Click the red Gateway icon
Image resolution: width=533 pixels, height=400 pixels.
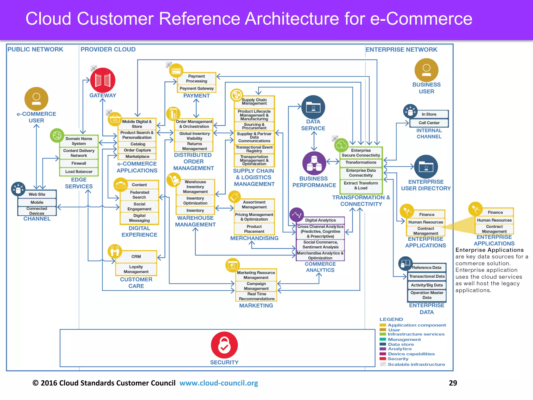point(103,80)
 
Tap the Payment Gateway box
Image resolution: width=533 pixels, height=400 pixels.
point(196,89)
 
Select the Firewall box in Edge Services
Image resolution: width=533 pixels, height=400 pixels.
point(79,163)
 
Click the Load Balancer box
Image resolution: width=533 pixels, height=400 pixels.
point(79,172)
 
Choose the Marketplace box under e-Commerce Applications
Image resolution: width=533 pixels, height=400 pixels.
point(137,157)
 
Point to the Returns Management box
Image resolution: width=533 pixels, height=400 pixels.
point(194,146)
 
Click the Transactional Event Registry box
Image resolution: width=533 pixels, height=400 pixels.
point(254,149)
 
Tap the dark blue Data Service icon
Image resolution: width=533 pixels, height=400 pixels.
point(313,107)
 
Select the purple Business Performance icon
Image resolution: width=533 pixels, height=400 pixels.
point(314,163)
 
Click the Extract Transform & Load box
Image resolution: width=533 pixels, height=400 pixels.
point(361,185)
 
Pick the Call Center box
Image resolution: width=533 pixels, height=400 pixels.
point(429,123)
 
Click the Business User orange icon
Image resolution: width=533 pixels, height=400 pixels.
point(426,70)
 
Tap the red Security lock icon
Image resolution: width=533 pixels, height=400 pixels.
point(224,345)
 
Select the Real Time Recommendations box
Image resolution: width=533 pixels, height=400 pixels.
point(257,296)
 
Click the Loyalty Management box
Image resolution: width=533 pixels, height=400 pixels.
point(136,269)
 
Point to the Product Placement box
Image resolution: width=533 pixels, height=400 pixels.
point(254,229)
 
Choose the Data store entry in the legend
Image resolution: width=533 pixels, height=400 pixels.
point(401,344)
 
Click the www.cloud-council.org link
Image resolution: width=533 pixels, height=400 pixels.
point(219,383)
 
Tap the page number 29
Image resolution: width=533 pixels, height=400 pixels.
point(453,383)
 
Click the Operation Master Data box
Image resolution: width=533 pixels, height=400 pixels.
point(427,295)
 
